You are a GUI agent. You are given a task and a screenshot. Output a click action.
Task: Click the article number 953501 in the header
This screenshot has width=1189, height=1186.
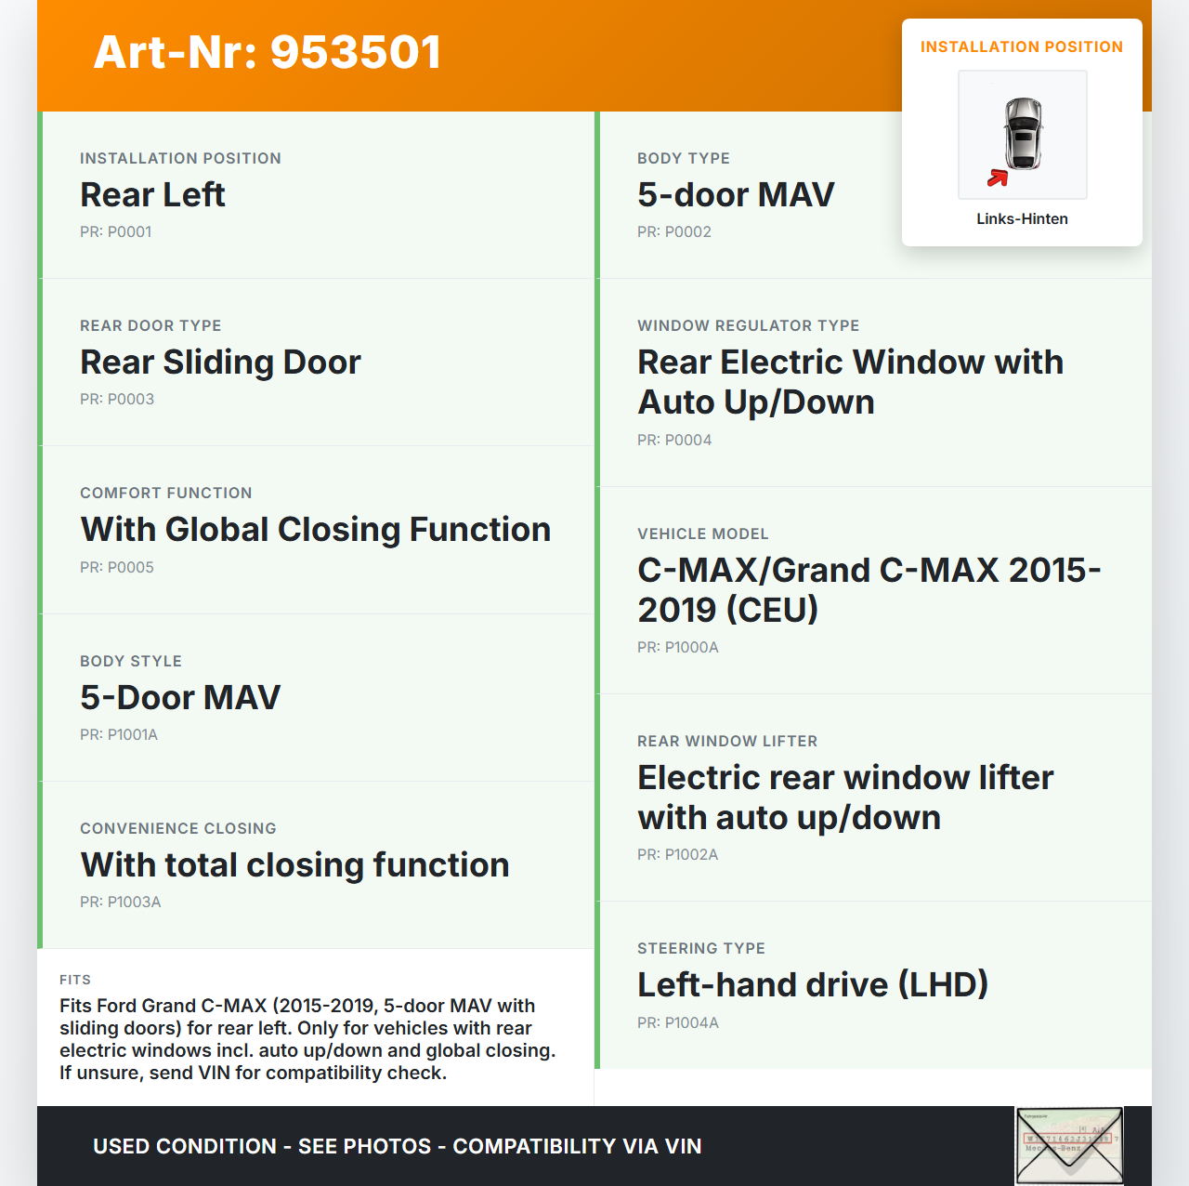(x=356, y=52)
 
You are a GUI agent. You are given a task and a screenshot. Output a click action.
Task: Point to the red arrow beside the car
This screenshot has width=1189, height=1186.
(x=998, y=178)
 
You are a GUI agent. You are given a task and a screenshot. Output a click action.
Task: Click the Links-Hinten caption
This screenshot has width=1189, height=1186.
(x=1022, y=219)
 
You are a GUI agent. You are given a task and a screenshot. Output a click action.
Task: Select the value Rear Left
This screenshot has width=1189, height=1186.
(x=152, y=195)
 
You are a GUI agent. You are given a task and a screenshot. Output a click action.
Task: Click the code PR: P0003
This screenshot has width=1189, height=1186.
(x=117, y=400)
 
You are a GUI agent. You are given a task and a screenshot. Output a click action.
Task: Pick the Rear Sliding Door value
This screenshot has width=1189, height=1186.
(x=220, y=362)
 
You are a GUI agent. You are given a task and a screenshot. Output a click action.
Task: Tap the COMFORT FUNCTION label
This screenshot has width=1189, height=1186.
(x=166, y=494)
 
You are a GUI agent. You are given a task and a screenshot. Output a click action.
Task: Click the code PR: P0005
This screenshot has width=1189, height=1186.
(x=117, y=568)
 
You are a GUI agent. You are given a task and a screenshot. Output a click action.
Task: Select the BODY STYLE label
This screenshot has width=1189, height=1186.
(x=131, y=662)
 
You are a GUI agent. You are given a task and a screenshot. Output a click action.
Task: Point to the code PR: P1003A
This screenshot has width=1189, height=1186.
(x=121, y=903)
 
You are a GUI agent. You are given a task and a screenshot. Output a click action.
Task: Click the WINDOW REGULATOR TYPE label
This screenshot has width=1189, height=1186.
(x=749, y=326)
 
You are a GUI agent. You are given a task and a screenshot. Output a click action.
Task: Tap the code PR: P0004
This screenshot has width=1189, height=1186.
(x=674, y=441)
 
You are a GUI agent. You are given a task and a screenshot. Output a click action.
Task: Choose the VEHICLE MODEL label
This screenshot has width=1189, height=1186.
(x=703, y=534)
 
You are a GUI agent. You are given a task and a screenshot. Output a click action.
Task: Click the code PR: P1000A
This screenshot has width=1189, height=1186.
(x=678, y=648)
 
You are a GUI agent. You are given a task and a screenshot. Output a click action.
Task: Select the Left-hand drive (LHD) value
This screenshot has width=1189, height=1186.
(x=813, y=985)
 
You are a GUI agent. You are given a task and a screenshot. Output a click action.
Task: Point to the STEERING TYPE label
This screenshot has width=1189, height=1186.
(x=701, y=949)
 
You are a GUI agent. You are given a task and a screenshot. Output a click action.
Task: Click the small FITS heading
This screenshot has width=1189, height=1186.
(x=75, y=980)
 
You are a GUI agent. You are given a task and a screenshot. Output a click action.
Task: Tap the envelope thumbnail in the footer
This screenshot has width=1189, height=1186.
(x=1069, y=1146)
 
